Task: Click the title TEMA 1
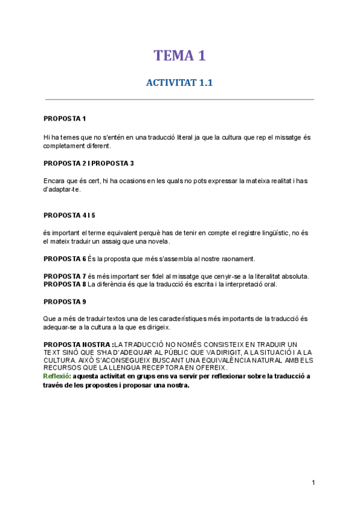179,56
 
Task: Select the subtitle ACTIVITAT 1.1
179,83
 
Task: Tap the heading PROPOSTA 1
65,119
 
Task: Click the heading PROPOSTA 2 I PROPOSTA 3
89,163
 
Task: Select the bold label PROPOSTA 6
65,259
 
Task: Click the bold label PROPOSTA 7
65,276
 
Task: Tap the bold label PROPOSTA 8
65,284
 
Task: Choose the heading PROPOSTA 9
65,301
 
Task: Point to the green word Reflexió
57,376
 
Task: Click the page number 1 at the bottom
313,483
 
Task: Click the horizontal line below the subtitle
179,100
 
